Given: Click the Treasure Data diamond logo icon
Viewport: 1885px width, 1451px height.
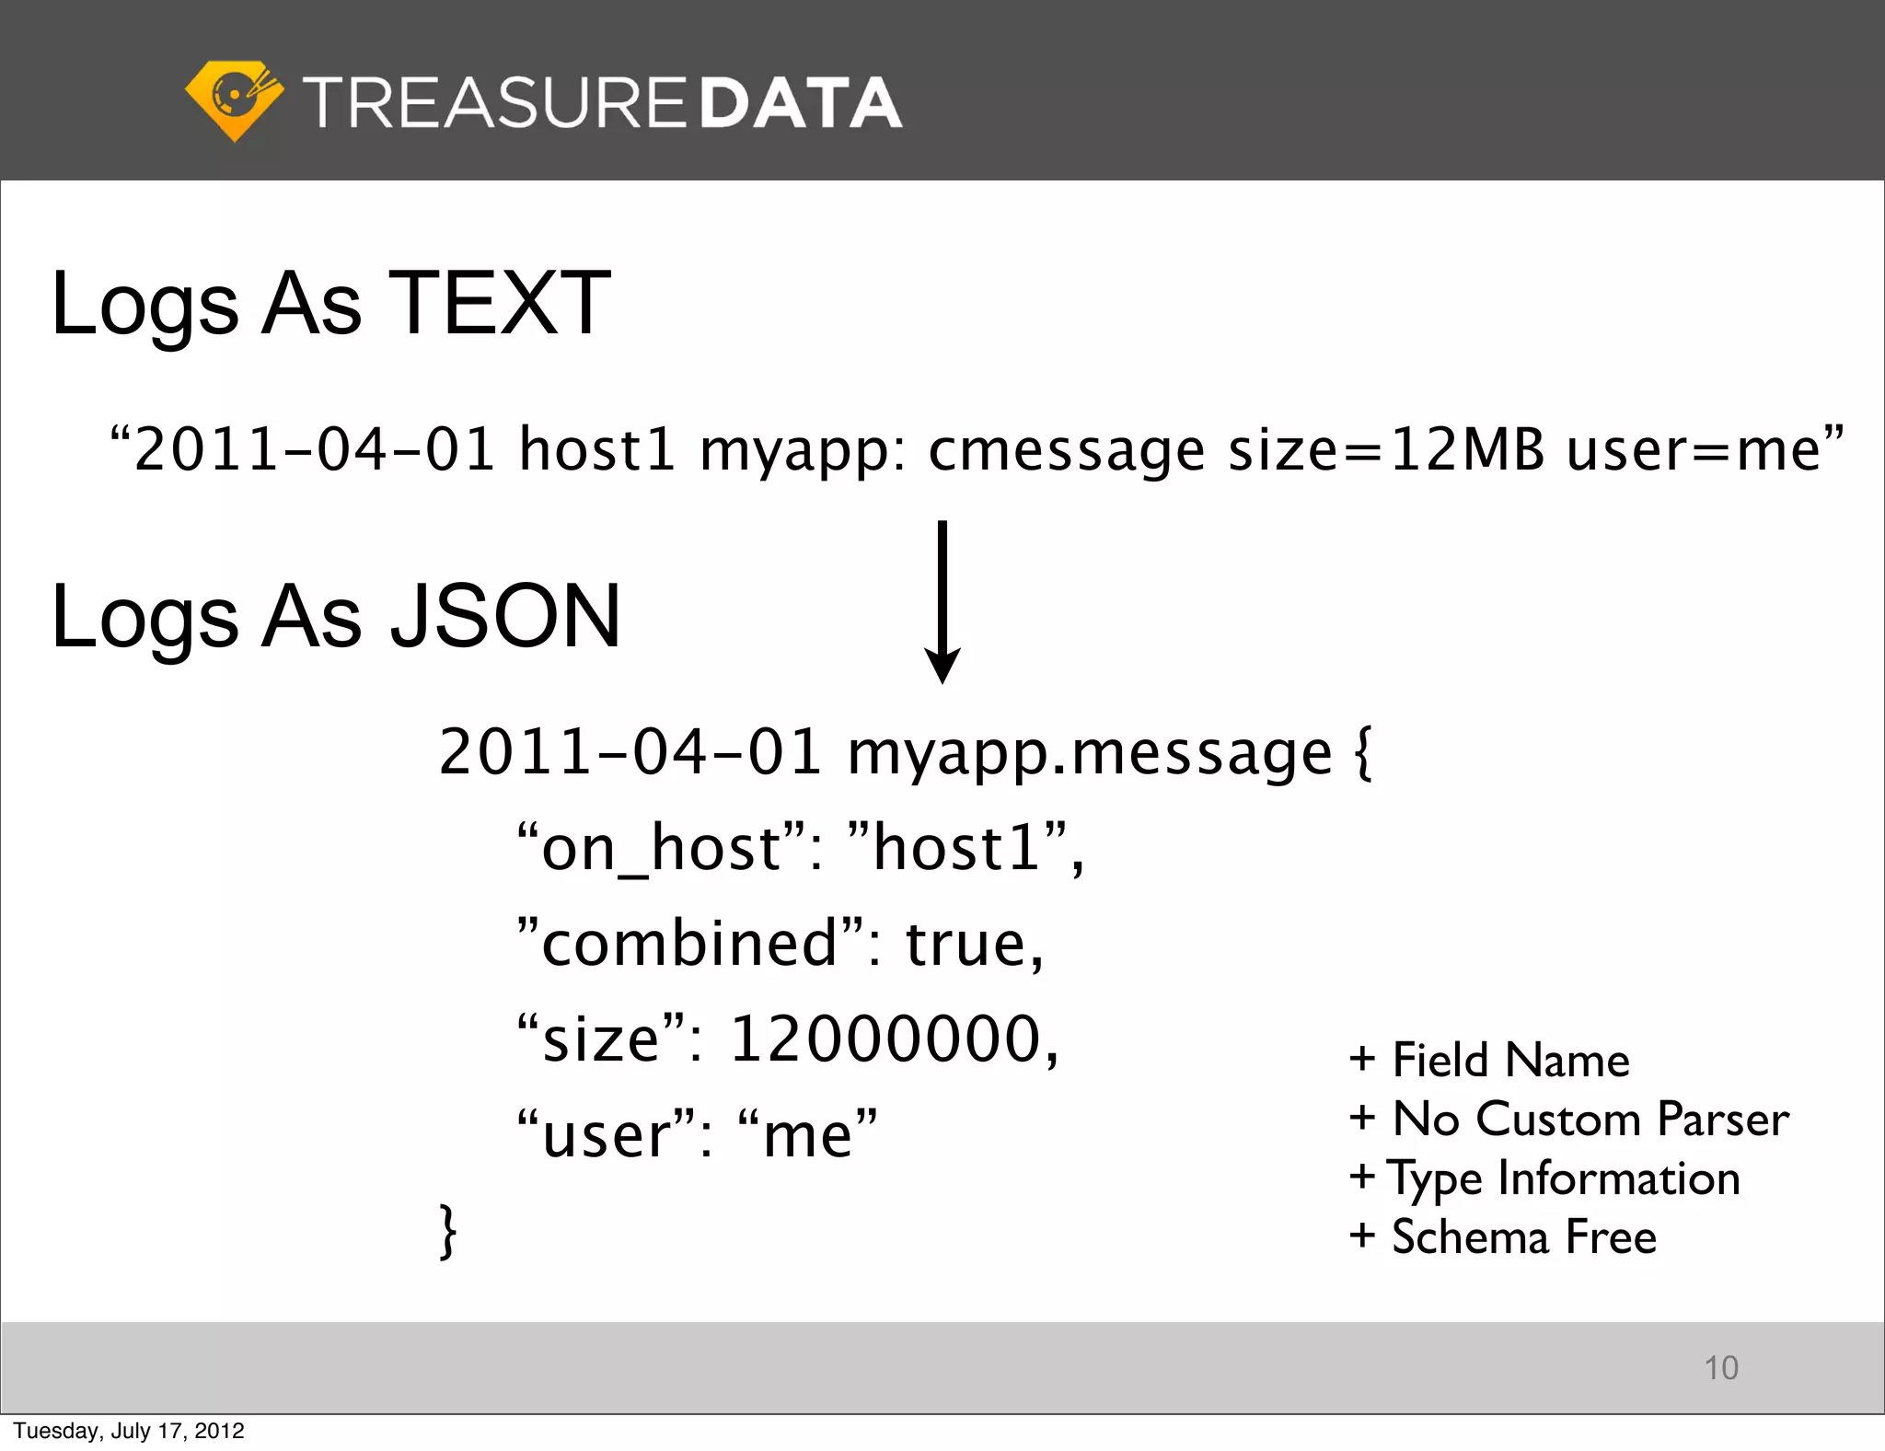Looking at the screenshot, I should click(234, 100).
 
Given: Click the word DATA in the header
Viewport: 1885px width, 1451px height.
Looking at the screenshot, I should click(801, 102).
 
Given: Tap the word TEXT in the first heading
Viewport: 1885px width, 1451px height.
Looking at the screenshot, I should click(500, 303).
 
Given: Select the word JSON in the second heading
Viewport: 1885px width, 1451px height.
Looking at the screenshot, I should click(505, 616).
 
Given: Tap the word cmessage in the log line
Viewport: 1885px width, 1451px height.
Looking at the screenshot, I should click(1067, 451).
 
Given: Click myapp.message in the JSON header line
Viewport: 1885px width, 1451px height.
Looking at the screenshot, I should click(1090, 753).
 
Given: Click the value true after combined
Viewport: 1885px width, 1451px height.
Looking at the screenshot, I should click(974, 944).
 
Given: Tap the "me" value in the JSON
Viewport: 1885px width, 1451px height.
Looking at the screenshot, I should click(808, 1134).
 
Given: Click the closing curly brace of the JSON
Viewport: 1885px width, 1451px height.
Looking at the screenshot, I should click(447, 1231).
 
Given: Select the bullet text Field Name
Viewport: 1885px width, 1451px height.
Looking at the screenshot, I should click(1510, 1060).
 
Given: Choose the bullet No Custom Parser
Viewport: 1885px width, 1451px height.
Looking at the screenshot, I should click(1590, 1119).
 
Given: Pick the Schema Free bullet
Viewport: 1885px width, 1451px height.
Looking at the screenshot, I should click(1523, 1236).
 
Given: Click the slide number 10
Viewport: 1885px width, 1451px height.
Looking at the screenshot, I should click(1720, 1368).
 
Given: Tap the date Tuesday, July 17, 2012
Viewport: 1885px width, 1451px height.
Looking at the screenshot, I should click(129, 1431).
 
